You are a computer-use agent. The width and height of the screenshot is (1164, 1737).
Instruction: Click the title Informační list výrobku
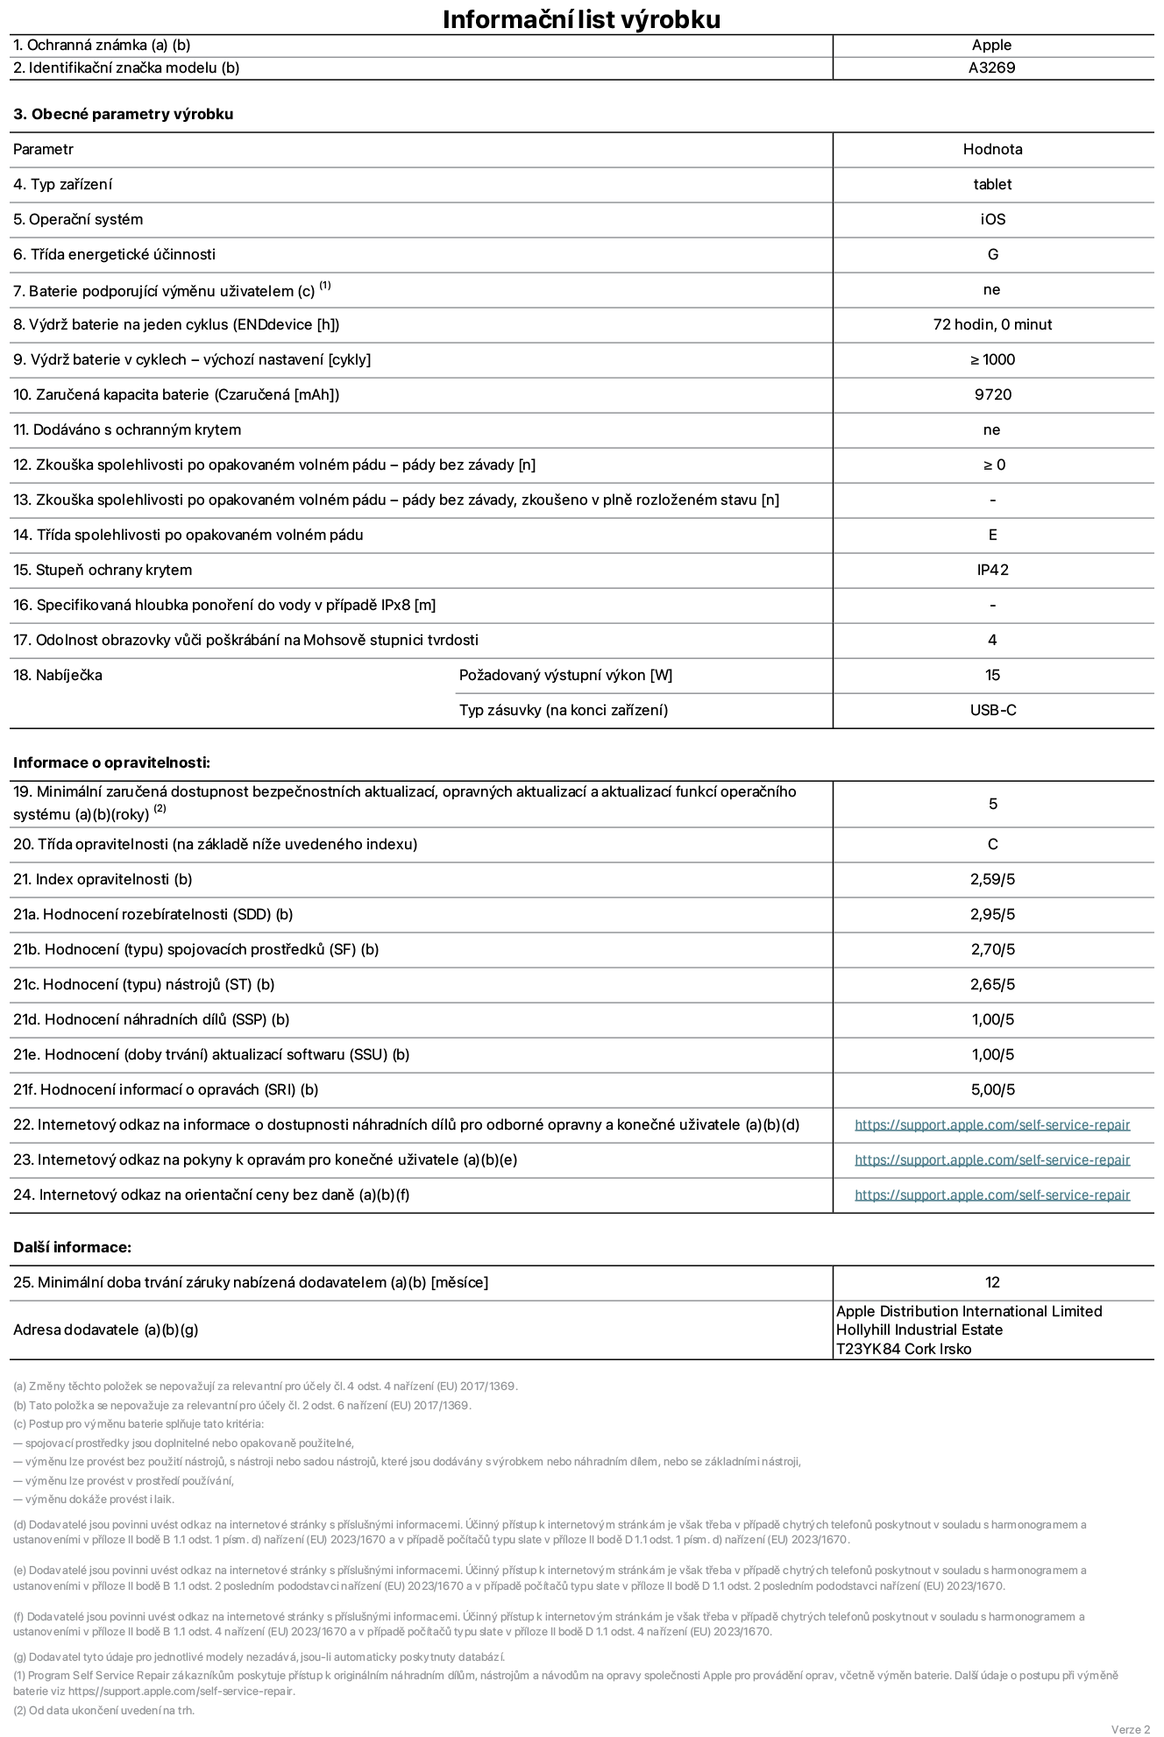point(581,19)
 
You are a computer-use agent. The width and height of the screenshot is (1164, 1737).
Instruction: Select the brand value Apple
point(991,46)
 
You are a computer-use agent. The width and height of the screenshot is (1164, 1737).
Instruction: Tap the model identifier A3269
point(991,68)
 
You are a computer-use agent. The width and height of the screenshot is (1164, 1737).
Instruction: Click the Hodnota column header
point(992,149)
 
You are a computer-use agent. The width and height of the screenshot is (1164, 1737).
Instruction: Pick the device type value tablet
point(992,184)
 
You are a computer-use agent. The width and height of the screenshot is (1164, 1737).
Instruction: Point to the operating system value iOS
point(992,219)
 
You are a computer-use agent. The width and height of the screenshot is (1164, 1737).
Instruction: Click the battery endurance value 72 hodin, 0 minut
point(992,324)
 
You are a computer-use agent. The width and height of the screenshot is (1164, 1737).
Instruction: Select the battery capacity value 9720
point(992,394)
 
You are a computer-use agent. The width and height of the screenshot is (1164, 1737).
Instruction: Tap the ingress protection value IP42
point(992,570)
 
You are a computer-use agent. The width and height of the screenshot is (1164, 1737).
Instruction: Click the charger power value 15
point(992,675)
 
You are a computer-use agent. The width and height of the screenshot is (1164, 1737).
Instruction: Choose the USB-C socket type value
point(992,710)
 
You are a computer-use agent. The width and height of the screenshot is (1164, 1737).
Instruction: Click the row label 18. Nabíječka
point(58,675)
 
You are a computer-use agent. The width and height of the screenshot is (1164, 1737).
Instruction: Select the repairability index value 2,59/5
point(992,879)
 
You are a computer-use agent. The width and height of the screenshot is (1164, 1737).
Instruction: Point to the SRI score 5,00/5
point(992,1089)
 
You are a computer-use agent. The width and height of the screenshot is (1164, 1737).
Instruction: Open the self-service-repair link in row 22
point(992,1124)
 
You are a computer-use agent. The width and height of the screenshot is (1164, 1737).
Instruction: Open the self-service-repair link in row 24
point(992,1195)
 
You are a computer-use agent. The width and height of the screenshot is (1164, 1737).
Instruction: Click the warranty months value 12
point(992,1282)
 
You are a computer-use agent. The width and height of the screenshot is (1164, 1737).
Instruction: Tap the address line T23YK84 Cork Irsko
point(904,1349)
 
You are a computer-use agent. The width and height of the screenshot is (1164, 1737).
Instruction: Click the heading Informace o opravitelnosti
point(111,762)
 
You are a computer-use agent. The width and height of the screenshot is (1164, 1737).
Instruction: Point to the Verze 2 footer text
point(1130,1729)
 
